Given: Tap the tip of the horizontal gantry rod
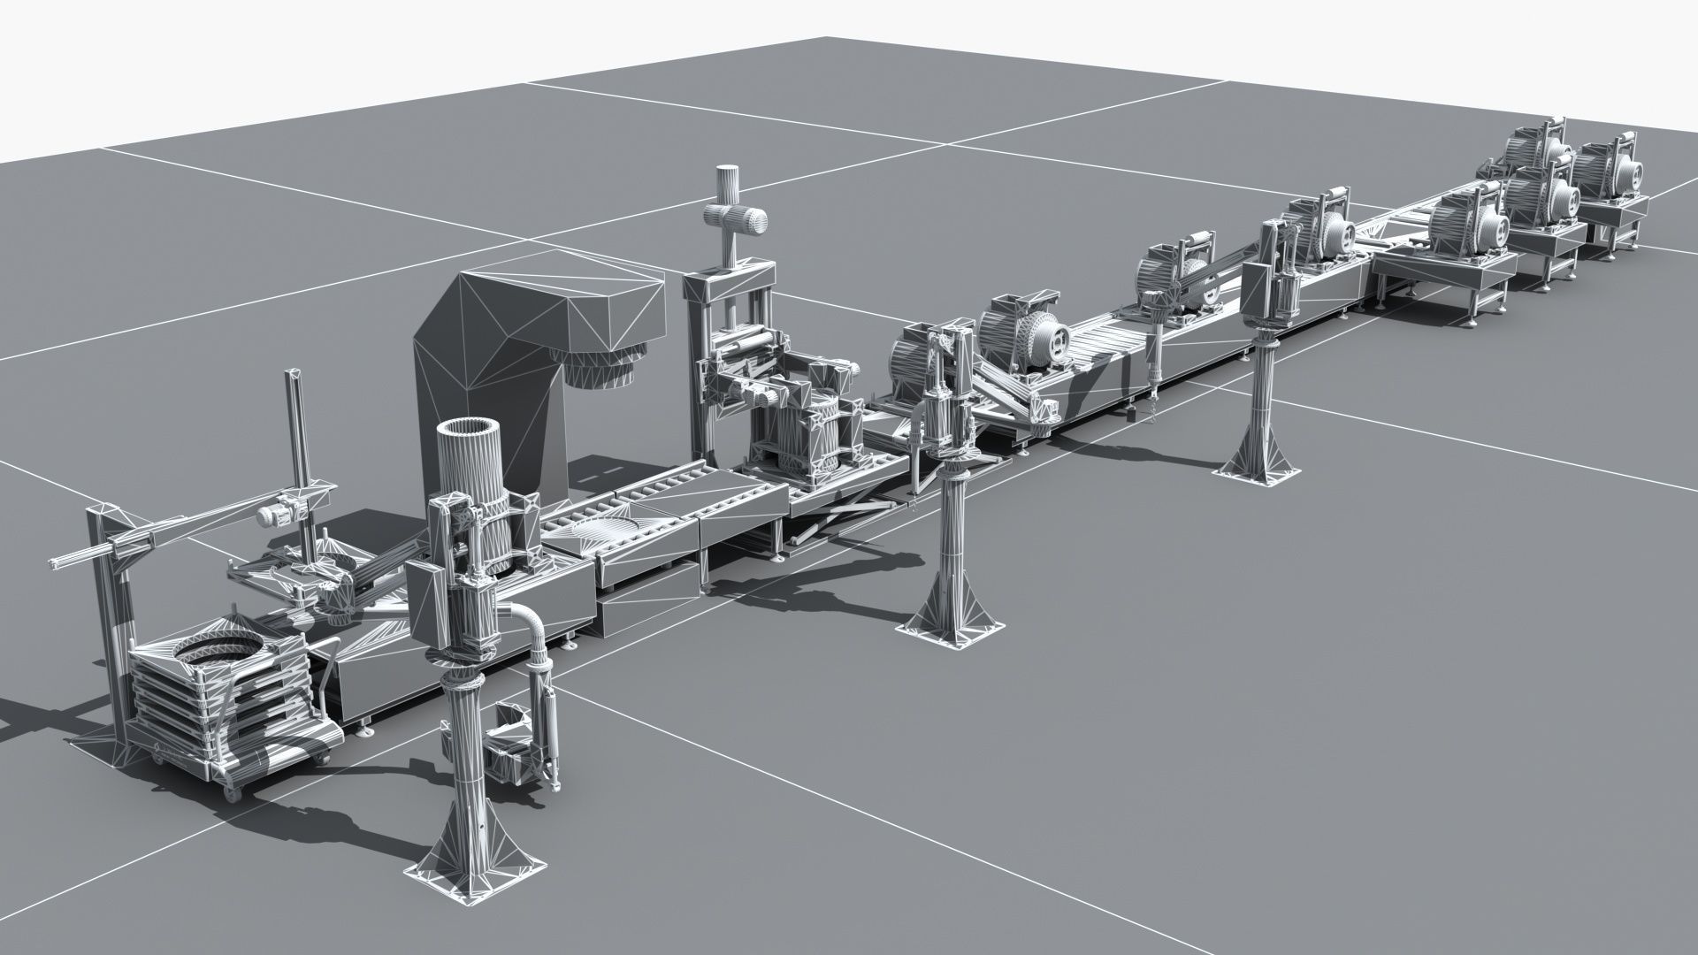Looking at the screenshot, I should coord(56,562).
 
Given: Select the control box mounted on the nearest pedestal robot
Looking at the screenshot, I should coord(428,600).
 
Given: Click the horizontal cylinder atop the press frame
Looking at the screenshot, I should coord(735,217).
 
